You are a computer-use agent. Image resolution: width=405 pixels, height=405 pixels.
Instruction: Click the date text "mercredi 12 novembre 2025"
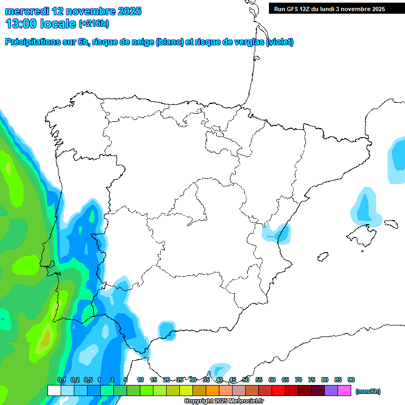click(x=73, y=11)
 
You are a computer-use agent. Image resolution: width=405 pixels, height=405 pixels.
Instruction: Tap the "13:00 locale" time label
click(x=41, y=23)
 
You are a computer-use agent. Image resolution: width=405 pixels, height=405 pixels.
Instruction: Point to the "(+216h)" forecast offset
click(x=94, y=24)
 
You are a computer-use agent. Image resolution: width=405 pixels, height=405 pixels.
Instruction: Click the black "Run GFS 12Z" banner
click(x=329, y=8)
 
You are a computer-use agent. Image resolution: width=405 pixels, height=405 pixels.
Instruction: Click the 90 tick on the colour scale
click(x=351, y=380)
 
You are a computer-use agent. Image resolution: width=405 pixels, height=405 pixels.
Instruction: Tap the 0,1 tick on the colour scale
click(x=61, y=380)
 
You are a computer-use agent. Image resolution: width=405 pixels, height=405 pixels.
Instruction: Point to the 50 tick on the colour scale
click(x=246, y=380)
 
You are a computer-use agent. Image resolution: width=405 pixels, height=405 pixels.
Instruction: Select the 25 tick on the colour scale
click(x=180, y=380)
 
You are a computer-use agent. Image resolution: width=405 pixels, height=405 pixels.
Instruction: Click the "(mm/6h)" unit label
click(x=368, y=391)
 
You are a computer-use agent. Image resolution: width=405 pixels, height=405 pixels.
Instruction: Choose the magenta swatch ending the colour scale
click(x=344, y=391)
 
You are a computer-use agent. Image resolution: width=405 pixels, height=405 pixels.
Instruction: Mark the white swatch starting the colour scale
click(x=54, y=391)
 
